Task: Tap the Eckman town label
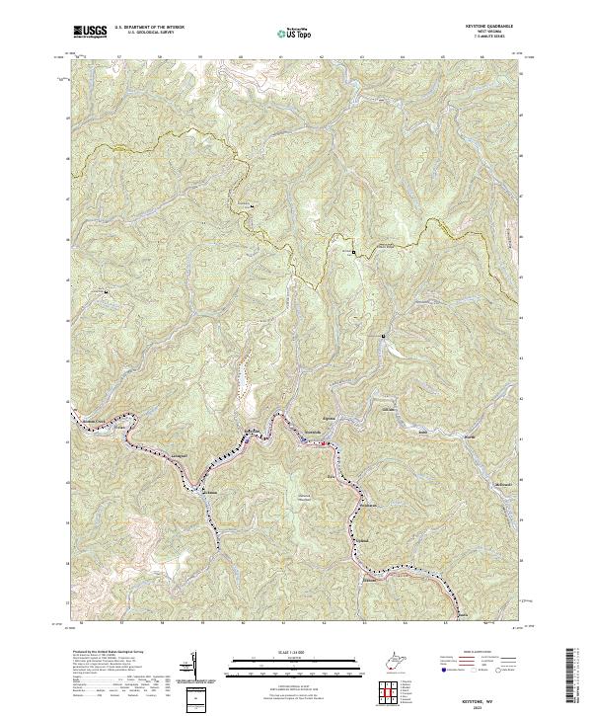click(209, 491)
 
